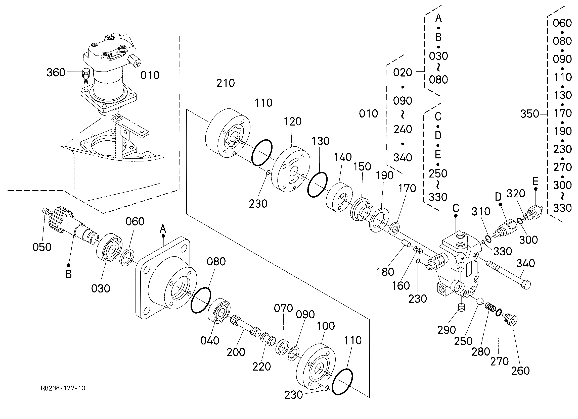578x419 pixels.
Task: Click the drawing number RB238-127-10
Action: [x=63, y=388]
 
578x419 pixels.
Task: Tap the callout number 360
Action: [x=56, y=73]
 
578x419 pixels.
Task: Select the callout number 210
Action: [x=226, y=83]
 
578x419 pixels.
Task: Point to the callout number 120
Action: [x=293, y=122]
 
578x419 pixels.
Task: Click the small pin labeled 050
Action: [x=45, y=211]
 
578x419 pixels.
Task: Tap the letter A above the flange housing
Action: [x=163, y=229]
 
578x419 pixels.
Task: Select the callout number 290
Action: [x=447, y=330]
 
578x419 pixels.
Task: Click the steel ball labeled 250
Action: [x=480, y=302]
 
